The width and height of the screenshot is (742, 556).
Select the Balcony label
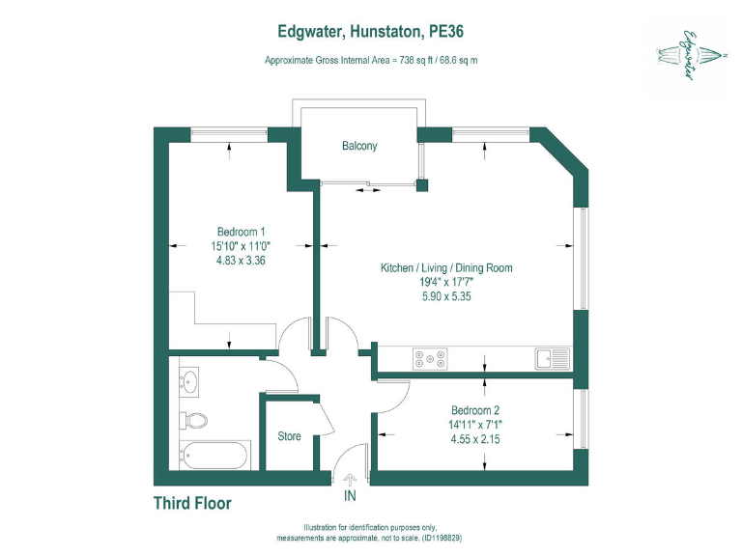point(359,147)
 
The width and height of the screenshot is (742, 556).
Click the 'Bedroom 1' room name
point(241,232)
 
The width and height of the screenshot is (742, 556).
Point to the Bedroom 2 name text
point(475,409)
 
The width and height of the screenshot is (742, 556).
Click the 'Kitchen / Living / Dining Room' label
point(445,268)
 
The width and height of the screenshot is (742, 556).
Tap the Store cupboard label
point(290,436)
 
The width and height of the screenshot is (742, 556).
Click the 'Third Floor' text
point(192,504)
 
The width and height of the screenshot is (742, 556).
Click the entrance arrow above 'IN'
point(350,480)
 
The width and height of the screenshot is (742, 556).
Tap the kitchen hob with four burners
point(430,359)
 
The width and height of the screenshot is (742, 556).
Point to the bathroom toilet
point(195,420)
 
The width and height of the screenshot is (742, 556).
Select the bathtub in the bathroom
point(214,455)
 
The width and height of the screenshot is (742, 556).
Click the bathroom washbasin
point(190,382)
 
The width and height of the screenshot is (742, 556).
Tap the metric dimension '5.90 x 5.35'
point(445,297)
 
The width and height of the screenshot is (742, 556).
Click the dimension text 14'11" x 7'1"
point(475,424)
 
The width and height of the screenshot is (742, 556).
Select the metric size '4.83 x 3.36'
point(241,261)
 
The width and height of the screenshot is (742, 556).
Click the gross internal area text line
point(372,60)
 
